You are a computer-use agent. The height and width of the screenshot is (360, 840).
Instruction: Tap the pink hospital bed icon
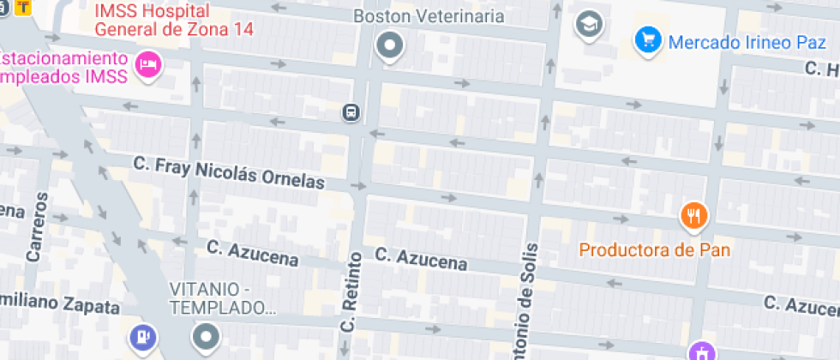point(149,63)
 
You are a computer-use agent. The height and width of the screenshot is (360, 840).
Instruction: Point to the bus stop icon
point(351,112)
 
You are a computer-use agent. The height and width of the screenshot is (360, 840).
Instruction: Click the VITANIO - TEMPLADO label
point(219,298)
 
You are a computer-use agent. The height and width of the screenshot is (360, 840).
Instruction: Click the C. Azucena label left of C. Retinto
point(253,253)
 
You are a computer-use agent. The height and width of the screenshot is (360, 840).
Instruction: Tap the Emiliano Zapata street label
point(58,304)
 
